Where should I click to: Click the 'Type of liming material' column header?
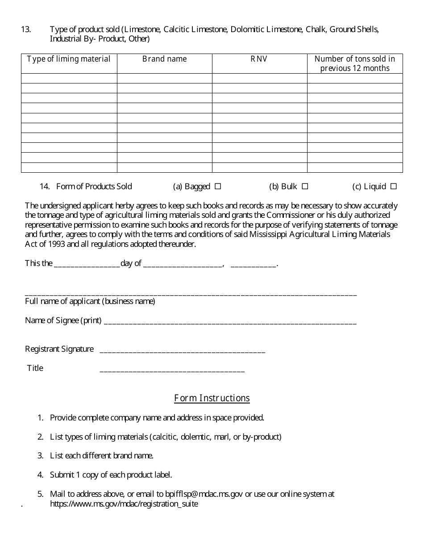click(69, 59)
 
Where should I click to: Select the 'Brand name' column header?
click(164, 59)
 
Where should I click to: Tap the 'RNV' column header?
click(259, 59)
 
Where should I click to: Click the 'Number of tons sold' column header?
click(355, 63)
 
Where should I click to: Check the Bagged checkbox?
click(218, 187)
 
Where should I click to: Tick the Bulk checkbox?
click(305, 187)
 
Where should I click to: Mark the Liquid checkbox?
click(394, 187)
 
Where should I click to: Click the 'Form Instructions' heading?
click(212, 398)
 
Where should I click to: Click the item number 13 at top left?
click(26, 29)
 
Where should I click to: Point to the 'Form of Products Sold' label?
click(94, 187)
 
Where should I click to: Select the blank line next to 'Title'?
click(172, 369)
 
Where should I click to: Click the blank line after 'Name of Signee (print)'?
click(230, 321)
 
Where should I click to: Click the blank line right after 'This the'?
click(87, 264)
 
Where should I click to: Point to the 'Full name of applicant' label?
click(90, 301)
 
